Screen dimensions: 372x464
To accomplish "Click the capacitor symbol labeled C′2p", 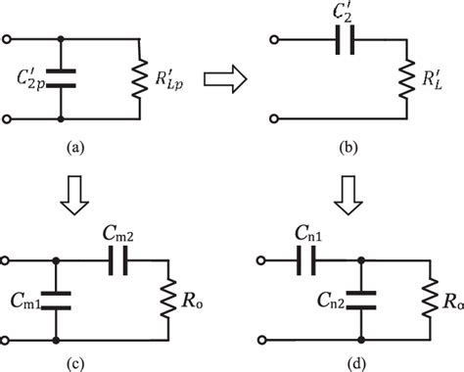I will coord(63,77).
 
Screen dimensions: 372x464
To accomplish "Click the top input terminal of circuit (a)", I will coord(10,40).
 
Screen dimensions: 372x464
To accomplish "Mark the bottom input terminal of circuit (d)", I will coord(261,340).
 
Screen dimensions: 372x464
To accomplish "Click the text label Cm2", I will coord(117,234).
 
